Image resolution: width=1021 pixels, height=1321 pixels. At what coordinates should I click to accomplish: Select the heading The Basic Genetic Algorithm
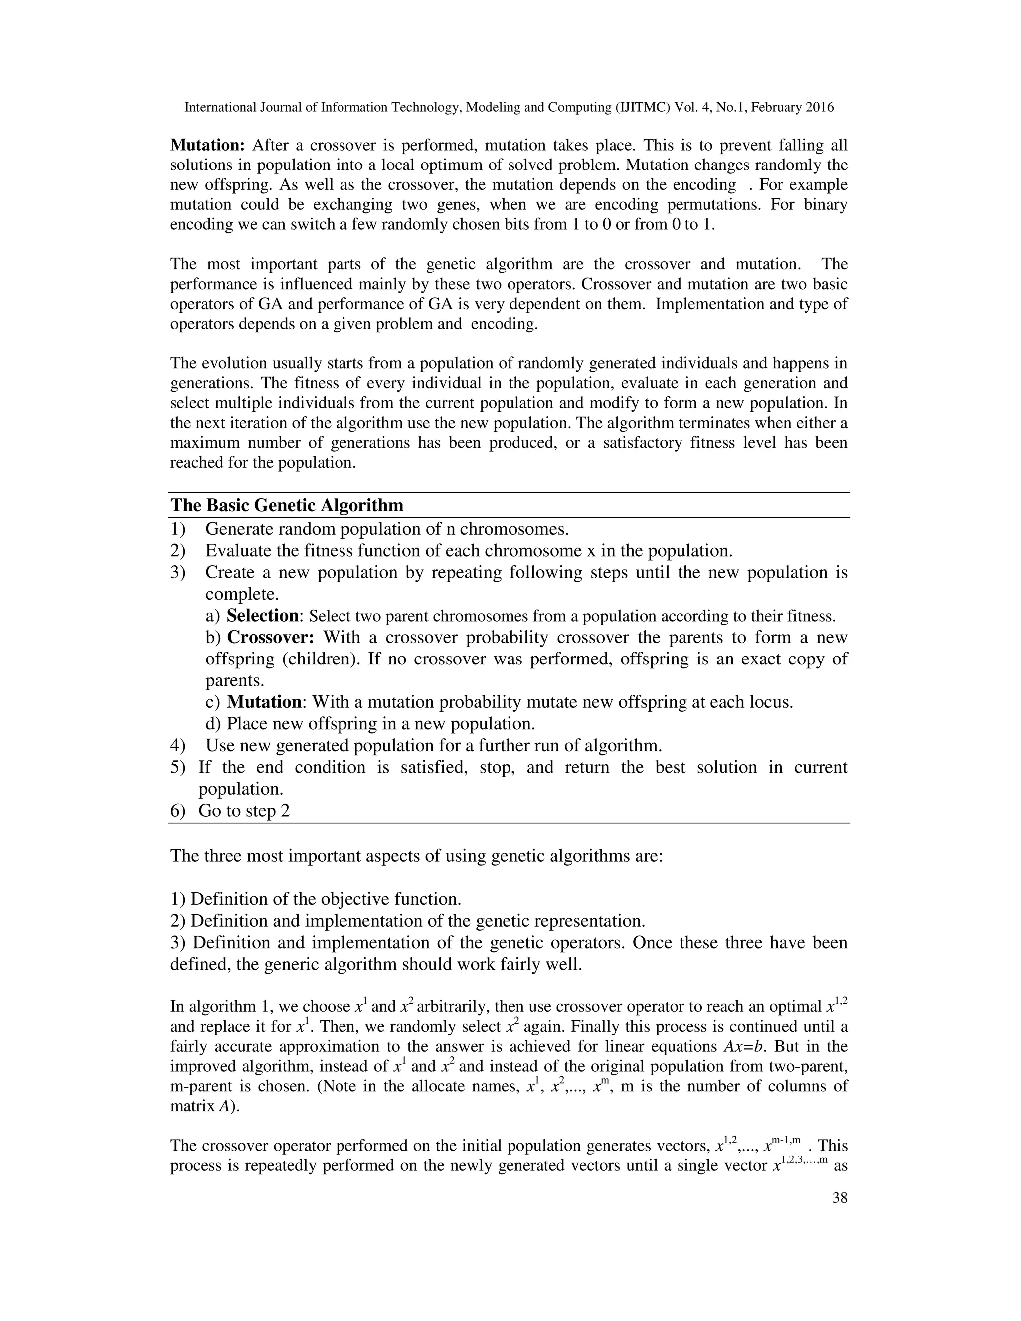pos(287,505)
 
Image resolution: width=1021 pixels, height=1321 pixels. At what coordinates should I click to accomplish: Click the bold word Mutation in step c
pos(264,702)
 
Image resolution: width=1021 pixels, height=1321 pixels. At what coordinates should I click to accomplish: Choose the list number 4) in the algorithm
pos(178,746)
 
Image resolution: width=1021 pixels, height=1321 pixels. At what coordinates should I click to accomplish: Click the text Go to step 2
pos(244,811)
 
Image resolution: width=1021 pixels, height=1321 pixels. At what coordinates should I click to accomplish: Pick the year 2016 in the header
pos(820,108)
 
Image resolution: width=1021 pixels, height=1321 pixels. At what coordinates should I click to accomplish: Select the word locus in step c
pos(768,702)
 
